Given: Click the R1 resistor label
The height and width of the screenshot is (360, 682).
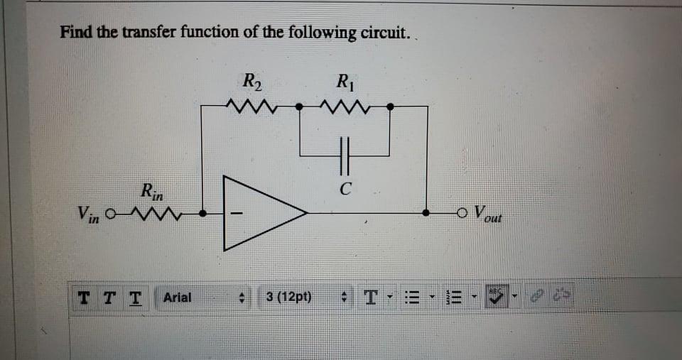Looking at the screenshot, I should click(x=344, y=80).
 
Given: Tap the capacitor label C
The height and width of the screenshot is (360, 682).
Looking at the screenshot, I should click(x=345, y=190).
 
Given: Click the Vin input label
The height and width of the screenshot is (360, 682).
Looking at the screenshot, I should click(x=89, y=212).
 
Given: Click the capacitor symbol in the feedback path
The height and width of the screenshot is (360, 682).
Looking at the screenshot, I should click(x=345, y=154).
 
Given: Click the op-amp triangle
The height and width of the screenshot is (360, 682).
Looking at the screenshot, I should click(x=263, y=212).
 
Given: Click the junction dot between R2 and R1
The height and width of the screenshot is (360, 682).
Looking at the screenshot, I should click(x=299, y=107).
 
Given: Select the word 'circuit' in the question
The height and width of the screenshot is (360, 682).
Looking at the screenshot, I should click(x=384, y=33).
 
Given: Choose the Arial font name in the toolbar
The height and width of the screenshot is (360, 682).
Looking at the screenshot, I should click(x=177, y=297).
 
